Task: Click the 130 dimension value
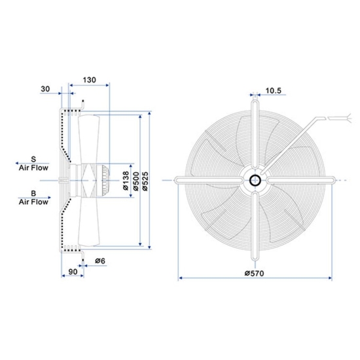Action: pyautogui.click(x=89, y=79)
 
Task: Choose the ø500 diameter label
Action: pyautogui.click(x=136, y=178)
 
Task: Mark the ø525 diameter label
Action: pyautogui.click(x=147, y=178)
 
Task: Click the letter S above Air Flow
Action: pyautogui.click(x=34, y=159)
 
